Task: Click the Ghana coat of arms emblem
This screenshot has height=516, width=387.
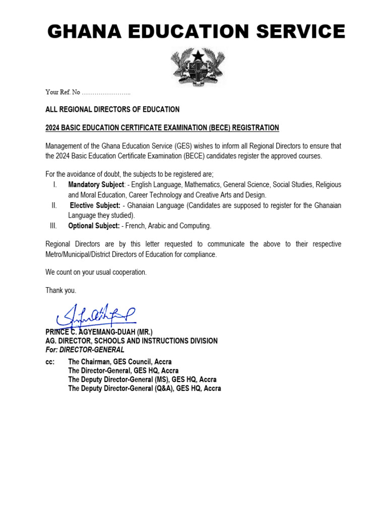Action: click(x=194, y=67)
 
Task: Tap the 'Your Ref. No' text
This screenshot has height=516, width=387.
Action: click(x=62, y=92)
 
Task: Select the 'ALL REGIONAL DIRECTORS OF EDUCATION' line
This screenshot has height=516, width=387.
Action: click(x=112, y=109)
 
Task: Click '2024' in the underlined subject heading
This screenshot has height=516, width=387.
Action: click(x=53, y=127)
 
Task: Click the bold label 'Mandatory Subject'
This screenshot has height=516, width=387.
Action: click(x=96, y=185)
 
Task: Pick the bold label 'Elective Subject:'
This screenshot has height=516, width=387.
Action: click(x=95, y=205)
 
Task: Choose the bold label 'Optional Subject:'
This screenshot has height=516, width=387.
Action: click(x=94, y=226)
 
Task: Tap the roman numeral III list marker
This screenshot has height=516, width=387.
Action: click(x=53, y=226)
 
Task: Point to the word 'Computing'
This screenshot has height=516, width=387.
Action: click(x=196, y=226)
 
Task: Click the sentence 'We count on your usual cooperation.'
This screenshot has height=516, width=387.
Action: click(x=96, y=272)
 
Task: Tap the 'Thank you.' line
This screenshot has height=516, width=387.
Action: click(x=61, y=290)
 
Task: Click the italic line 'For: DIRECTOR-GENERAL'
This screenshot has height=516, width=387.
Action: click(x=85, y=350)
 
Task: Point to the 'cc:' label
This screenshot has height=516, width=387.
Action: click(x=50, y=362)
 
